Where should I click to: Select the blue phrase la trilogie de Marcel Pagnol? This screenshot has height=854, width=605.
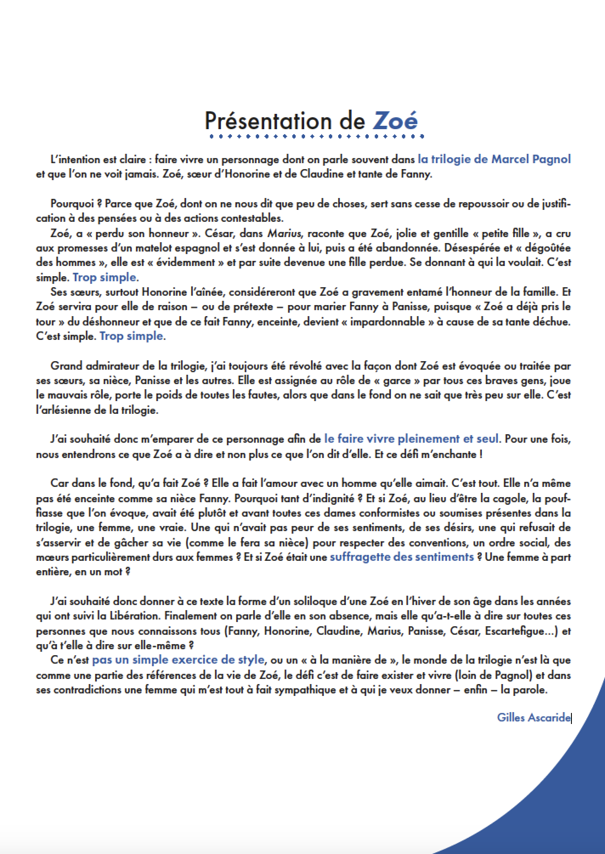coord(494,159)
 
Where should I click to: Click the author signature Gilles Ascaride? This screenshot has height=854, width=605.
coord(533,718)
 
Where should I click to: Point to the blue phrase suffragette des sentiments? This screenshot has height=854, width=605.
coord(401,557)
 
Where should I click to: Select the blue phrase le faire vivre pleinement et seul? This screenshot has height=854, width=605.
coord(411,438)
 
